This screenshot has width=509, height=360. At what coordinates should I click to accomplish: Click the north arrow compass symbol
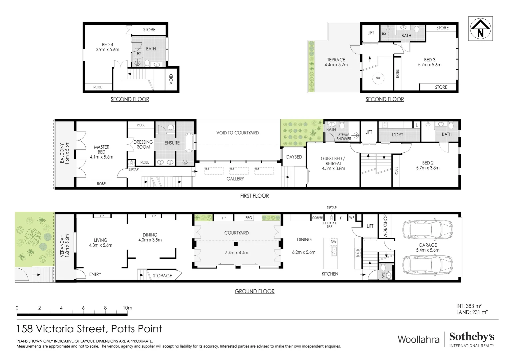(480, 29)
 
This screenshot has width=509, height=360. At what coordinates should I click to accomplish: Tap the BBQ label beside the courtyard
(249, 218)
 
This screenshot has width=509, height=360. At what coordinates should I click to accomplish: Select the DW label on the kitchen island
(333, 242)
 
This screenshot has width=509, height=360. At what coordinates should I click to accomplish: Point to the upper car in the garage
(428, 230)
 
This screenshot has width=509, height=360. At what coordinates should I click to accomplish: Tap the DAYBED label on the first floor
(294, 157)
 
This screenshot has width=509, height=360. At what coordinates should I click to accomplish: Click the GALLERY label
(235, 179)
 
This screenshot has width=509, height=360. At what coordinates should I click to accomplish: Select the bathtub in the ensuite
(189, 143)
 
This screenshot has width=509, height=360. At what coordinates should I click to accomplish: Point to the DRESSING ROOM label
(143, 144)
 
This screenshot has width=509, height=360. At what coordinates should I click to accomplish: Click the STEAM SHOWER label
(343, 137)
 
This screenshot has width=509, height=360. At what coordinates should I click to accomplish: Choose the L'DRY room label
(397, 135)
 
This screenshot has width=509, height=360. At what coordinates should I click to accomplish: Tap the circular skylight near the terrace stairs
(378, 78)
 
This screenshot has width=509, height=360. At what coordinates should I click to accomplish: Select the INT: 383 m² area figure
(469, 306)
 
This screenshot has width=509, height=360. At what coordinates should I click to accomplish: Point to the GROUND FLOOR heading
(254, 291)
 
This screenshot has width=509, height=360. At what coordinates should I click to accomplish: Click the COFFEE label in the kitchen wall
(317, 218)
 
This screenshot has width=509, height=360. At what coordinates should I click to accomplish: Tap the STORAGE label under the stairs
(162, 276)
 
